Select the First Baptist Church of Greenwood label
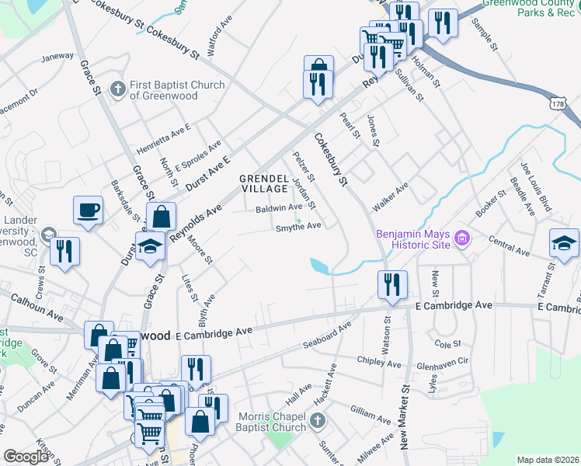point(177,90)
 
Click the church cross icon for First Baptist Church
point(118,89)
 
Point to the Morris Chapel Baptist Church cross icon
point(316,421)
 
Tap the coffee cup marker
point(89,209)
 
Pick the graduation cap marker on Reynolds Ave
point(150,248)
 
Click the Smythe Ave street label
point(298,226)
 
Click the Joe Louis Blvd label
point(537,187)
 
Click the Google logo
point(26,457)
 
